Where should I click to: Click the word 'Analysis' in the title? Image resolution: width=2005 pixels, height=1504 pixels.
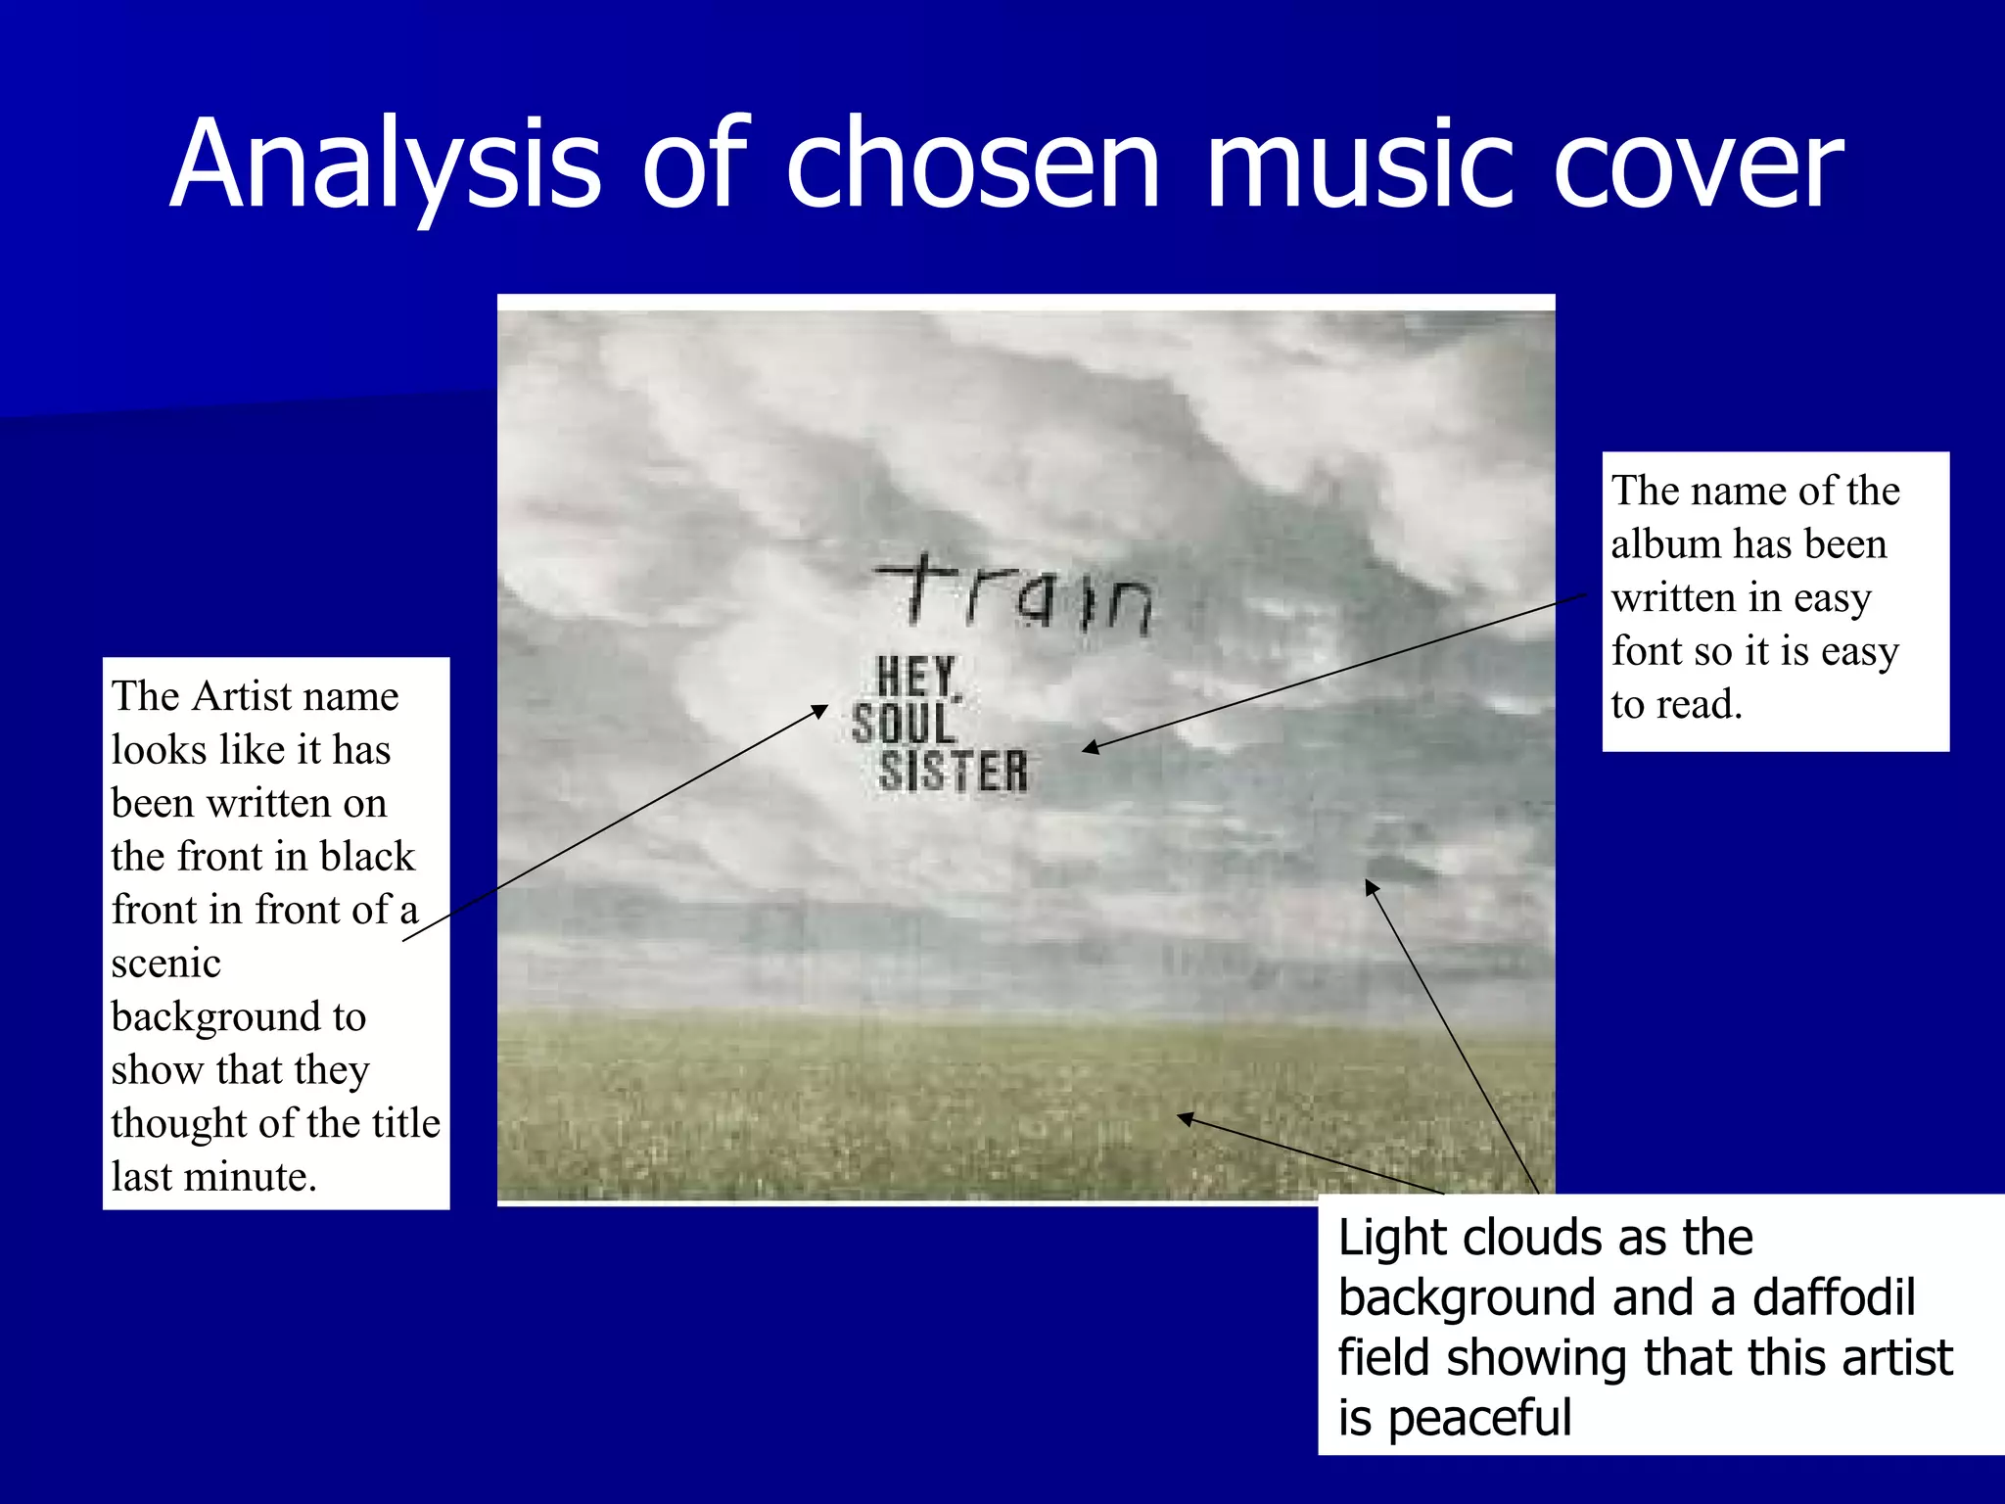point(385,164)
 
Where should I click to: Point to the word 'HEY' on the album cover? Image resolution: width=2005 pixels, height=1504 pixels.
point(915,677)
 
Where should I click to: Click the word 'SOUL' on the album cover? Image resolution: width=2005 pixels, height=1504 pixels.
point(903,725)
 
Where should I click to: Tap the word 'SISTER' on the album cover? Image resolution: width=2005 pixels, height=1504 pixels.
point(953,772)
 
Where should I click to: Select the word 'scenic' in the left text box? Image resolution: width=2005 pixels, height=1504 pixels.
point(165,963)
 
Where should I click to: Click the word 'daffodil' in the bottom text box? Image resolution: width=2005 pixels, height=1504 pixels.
point(1833,1298)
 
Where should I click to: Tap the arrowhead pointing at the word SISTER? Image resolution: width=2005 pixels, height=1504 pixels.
point(1089,749)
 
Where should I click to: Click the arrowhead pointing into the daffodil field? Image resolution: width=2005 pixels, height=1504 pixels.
point(1184,1117)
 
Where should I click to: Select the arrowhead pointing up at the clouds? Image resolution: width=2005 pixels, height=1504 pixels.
point(1371,886)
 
